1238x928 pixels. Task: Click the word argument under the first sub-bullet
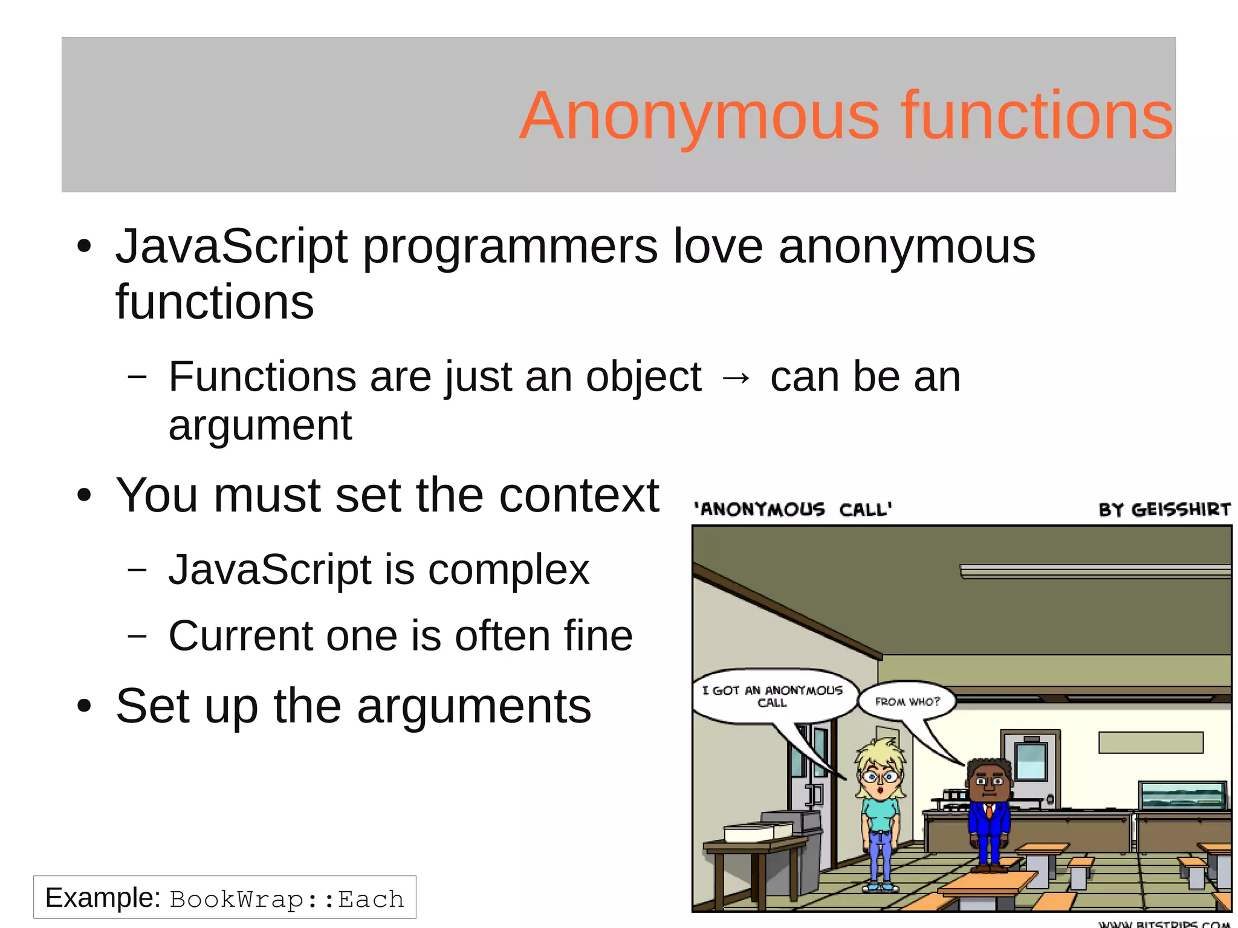pos(260,426)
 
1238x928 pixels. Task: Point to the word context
pos(578,495)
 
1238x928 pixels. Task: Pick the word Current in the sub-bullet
pos(241,636)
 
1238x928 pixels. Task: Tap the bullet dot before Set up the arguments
pos(84,706)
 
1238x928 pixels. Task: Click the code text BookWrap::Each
pos(287,899)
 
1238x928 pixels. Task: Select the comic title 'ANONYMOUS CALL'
pos(792,509)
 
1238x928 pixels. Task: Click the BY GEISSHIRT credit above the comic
pos(1164,509)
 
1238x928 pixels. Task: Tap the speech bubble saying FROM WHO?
pos(907,701)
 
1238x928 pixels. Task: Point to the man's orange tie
pos(989,810)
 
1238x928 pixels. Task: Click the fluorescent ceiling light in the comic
pos(1095,571)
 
